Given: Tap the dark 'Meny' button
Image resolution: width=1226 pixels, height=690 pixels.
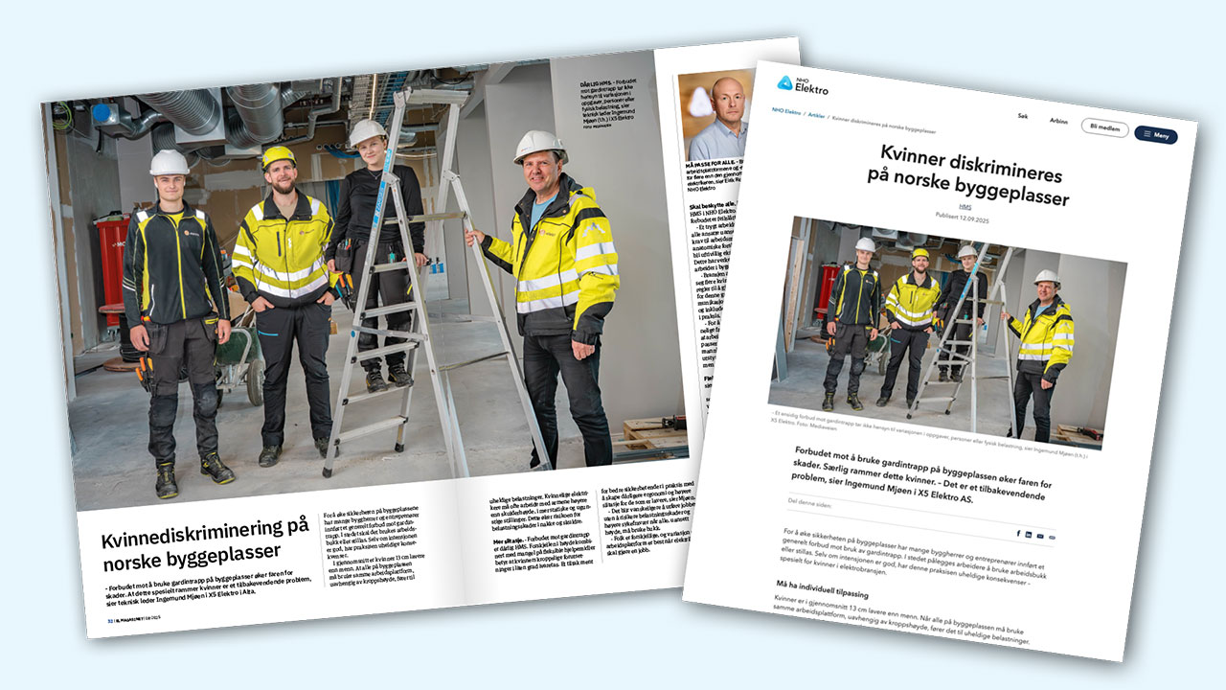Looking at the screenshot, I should click(x=1155, y=135).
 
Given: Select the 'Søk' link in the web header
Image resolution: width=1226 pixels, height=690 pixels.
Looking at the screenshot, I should click(x=1023, y=115).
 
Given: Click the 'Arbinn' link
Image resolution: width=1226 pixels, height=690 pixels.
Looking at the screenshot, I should click(x=1058, y=121).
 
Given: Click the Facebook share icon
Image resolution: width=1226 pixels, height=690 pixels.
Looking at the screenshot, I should click(x=1017, y=532).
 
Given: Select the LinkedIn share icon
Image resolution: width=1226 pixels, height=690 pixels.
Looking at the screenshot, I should click(x=1029, y=534).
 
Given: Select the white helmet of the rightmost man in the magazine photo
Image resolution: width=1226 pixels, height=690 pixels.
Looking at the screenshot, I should click(x=540, y=146).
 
